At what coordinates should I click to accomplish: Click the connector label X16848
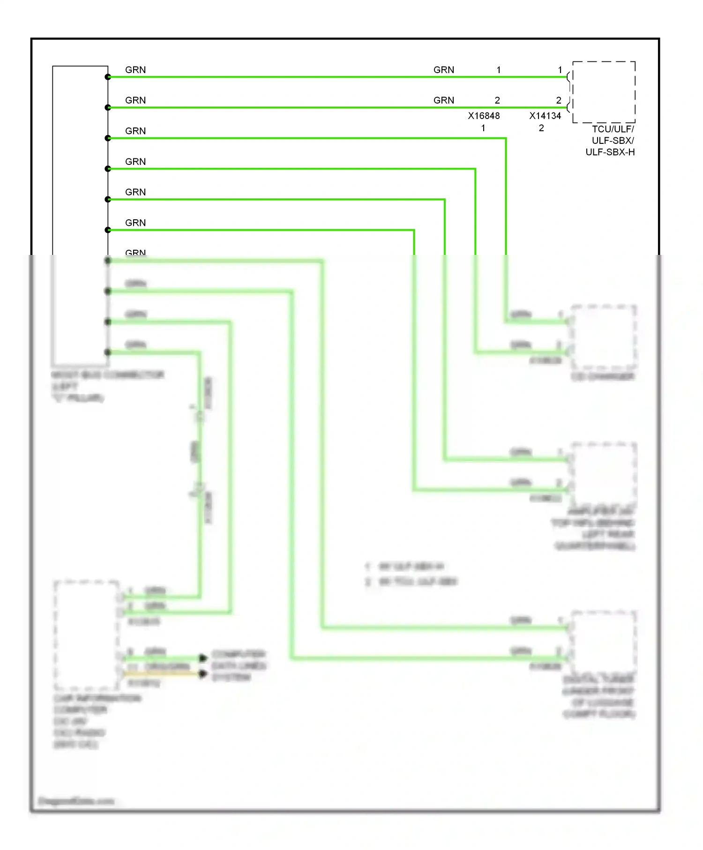484,116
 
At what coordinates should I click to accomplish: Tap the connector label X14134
545,116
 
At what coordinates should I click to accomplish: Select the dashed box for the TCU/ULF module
604,92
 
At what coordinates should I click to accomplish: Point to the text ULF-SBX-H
610,152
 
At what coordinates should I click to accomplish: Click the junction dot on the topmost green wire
108,77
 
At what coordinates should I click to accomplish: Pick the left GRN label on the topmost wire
135,70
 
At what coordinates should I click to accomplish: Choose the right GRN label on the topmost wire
444,70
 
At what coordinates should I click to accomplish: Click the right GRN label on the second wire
444,100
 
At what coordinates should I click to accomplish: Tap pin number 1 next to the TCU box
560,70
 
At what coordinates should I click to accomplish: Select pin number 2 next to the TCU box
559,100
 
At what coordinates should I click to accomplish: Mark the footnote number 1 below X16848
483,128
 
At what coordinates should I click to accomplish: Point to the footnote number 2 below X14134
541,128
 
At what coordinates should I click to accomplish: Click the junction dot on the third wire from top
108,138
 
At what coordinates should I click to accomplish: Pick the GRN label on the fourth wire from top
135,162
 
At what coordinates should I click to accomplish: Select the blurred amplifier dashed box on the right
604,473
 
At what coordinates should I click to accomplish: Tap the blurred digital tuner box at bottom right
604,642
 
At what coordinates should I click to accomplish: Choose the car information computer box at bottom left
87,635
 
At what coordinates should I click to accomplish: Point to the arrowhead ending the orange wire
203,674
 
